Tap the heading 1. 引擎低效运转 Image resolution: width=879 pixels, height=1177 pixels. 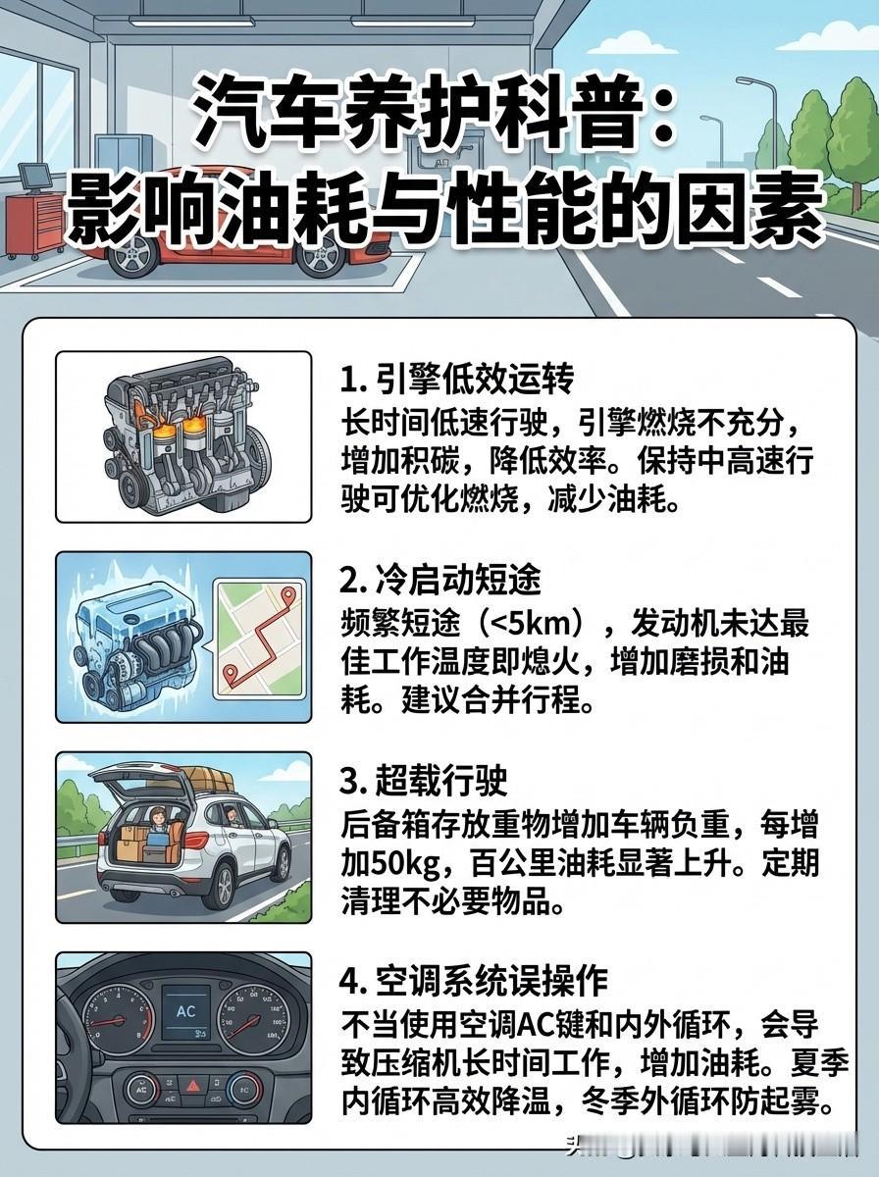(456, 379)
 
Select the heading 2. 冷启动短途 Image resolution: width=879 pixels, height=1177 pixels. (440, 581)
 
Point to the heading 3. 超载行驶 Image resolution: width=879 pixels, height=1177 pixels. (424, 782)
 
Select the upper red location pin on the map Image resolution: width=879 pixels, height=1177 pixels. (288, 595)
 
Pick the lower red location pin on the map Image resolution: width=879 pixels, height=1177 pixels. (231, 675)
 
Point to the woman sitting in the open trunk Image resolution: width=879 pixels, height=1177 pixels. (156, 821)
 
